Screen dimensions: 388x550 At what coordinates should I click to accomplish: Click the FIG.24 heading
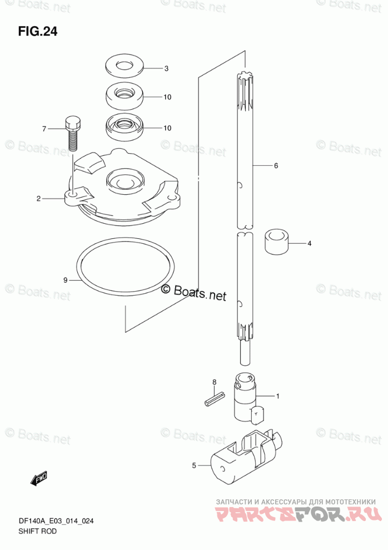(x=38, y=32)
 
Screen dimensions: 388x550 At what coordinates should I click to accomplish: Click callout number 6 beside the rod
(x=276, y=165)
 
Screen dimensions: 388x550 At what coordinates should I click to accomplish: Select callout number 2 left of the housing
(x=38, y=199)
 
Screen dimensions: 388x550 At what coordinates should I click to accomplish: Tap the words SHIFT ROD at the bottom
(x=37, y=532)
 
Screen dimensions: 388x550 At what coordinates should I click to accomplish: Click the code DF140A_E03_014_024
(x=56, y=522)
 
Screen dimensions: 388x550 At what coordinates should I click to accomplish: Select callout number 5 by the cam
(x=194, y=466)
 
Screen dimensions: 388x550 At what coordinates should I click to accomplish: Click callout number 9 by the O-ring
(x=65, y=280)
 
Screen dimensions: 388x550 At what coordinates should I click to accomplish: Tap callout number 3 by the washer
(x=166, y=68)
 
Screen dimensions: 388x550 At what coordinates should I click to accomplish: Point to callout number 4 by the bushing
(x=309, y=243)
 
